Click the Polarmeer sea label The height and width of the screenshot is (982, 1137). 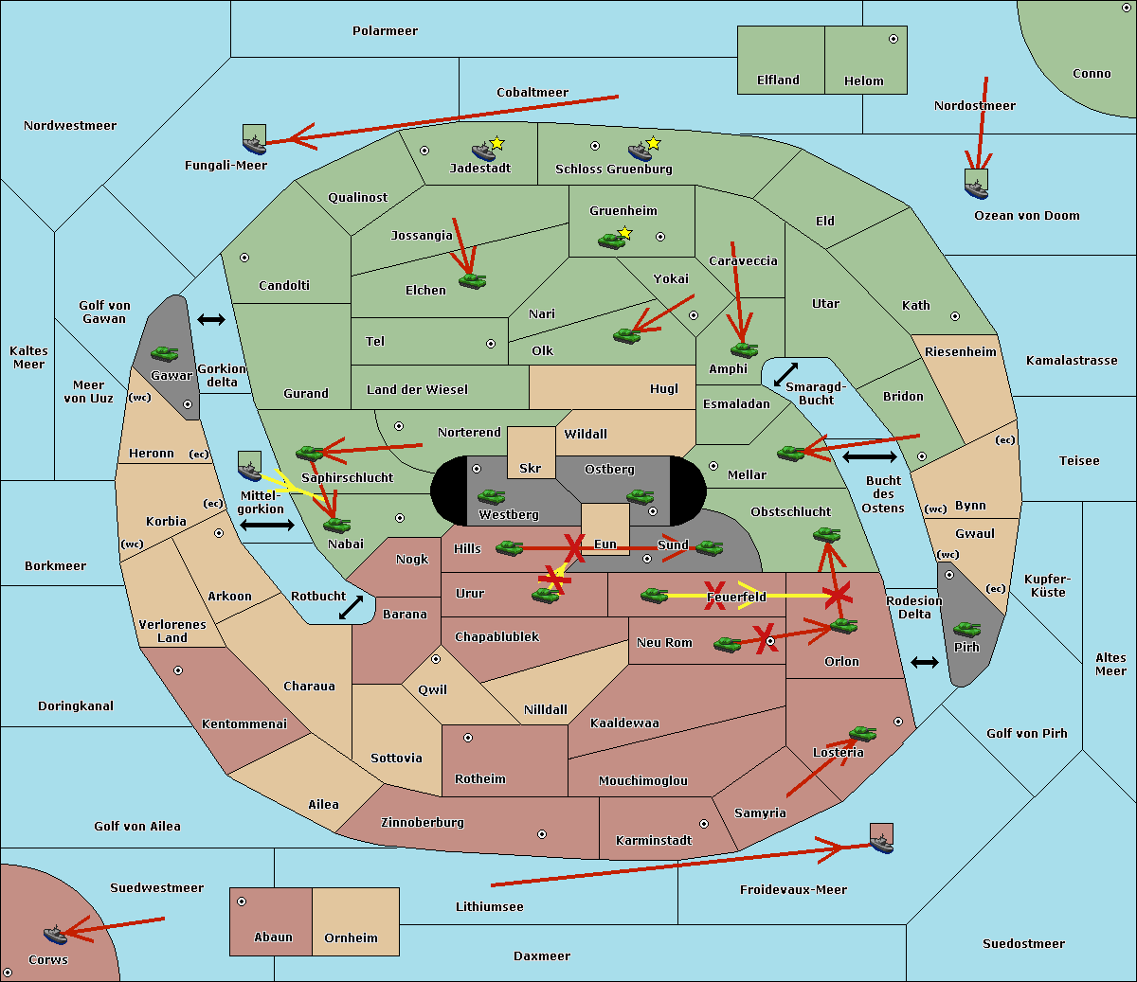385,31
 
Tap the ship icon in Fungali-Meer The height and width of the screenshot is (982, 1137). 254,142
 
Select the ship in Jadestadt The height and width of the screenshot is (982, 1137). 484,151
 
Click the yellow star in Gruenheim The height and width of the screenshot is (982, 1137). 624,233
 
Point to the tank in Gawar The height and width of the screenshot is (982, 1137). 165,354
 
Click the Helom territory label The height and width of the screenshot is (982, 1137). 863,81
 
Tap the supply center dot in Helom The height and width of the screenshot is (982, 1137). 893,39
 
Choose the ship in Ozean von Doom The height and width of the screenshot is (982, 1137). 976,187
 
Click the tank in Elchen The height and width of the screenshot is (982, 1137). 472,280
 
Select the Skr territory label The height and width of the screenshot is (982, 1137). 530,469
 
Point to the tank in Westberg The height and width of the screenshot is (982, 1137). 491,496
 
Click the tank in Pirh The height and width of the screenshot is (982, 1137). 966,630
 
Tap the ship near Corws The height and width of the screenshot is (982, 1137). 55,935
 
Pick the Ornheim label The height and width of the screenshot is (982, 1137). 351,938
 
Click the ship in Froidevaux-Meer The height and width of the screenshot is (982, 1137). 881,841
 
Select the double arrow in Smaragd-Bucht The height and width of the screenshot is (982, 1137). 785,374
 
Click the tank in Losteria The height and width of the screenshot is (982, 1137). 862,733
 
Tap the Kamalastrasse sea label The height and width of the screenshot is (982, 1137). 1071,361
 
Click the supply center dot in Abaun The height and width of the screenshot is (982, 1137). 242,902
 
